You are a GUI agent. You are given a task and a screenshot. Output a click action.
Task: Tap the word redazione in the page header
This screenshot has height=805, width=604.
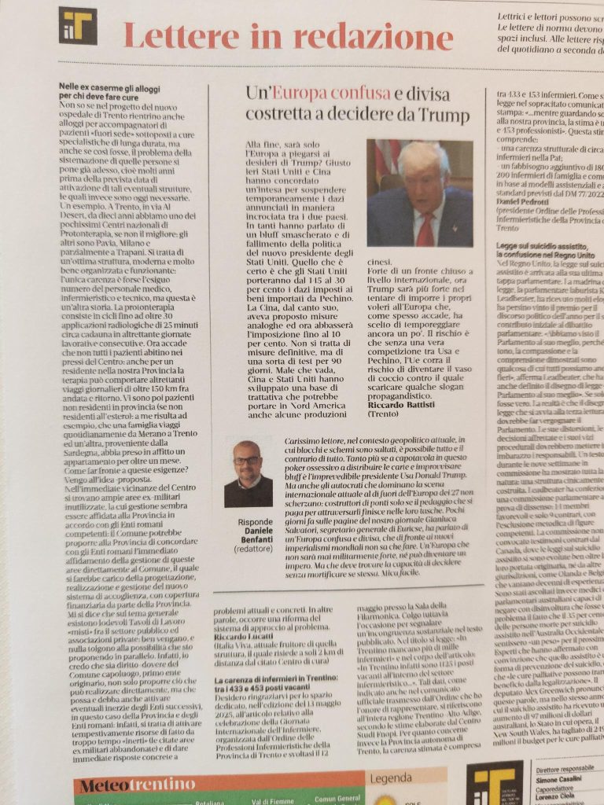click(x=370, y=37)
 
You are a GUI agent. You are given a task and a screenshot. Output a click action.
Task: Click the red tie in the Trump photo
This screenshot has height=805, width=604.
click(x=425, y=230)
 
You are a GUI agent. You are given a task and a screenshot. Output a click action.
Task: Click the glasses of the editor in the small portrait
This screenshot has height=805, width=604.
click(x=246, y=460)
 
